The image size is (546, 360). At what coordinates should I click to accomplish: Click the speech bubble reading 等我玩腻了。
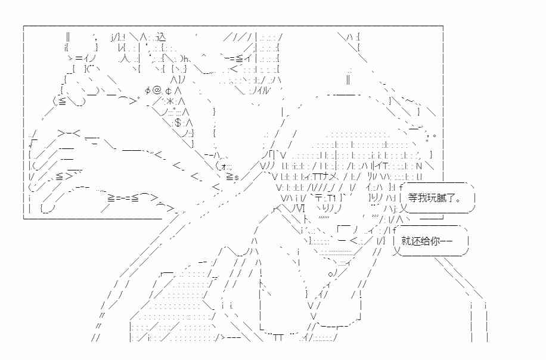pos(438,198)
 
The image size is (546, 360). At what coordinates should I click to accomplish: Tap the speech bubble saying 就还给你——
pos(431,241)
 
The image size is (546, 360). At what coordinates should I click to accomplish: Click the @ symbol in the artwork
pos(157,91)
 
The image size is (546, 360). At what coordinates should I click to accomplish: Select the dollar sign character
pos(178,123)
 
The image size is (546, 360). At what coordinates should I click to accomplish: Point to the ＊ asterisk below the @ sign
pos(170,101)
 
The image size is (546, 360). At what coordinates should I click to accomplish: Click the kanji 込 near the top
pos(161,36)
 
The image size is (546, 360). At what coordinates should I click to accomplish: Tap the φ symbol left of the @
pos(148,91)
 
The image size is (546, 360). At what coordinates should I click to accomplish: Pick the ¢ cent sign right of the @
pos(168,91)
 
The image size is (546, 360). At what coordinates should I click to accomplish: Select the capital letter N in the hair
pos(419,166)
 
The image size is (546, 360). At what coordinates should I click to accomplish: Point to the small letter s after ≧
pos(237,178)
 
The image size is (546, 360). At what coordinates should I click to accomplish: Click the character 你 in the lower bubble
pos(435,241)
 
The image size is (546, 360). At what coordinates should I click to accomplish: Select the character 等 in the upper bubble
pos(413,198)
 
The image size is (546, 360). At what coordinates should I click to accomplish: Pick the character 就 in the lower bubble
pos(407,241)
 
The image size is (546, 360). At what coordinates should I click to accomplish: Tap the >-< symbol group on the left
pos(69,133)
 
